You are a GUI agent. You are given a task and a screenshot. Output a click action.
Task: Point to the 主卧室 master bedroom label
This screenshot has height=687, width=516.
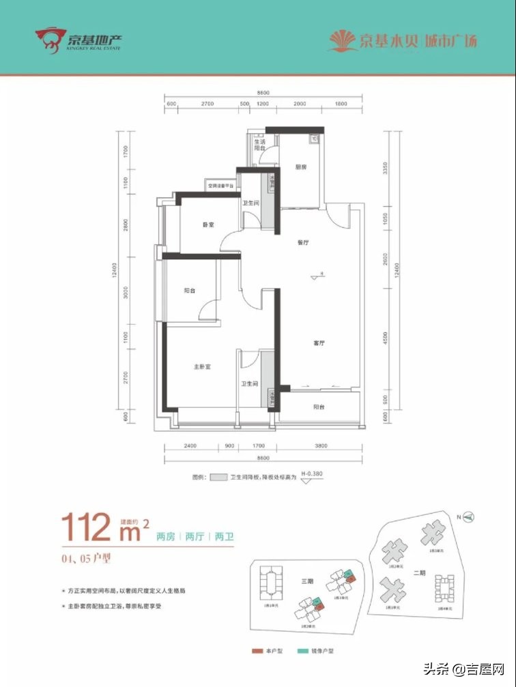tap(201, 367)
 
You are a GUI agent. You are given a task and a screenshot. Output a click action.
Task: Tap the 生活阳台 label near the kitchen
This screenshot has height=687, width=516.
tap(260, 145)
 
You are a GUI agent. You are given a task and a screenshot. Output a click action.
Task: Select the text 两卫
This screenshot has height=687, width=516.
tap(224, 537)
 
